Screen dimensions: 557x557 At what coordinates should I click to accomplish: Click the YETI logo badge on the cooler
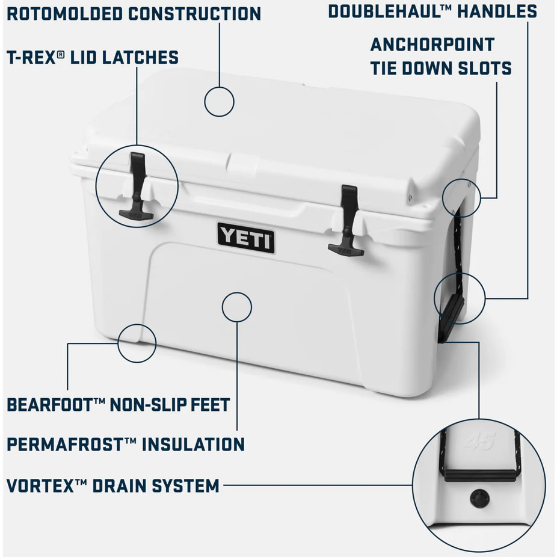(246, 237)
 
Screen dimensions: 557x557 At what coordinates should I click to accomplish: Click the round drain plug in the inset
(479, 499)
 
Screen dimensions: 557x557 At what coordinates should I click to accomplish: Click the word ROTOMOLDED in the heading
(65, 14)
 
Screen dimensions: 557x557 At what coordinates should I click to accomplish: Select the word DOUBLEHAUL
(386, 11)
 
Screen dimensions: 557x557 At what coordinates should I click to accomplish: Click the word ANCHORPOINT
(432, 45)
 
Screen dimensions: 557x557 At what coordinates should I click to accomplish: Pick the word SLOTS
(485, 68)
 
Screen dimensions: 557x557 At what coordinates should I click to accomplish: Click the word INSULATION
(193, 445)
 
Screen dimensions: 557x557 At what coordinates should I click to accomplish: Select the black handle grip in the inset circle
(479, 475)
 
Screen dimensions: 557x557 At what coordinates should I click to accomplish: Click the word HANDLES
(497, 11)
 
